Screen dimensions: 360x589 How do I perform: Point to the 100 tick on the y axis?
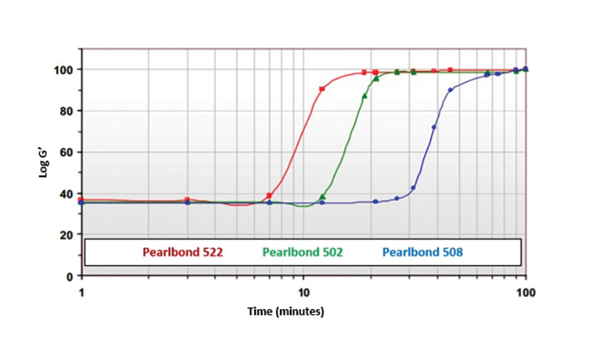pyautogui.click(x=64, y=69)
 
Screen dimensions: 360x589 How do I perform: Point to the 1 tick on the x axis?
pyautogui.click(x=82, y=291)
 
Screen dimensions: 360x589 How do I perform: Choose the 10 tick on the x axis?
pyautogui.click(x=303, y=291)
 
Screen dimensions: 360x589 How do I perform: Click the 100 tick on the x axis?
pyautogui.click(x=526, y=291)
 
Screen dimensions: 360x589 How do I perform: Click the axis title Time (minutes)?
pyautogui.click(x=285, y=312)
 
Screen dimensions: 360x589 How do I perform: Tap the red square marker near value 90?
pyautogui.click(x=322, y=88)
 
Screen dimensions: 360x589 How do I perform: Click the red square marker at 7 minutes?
pyautogui.click(x=269, y=196)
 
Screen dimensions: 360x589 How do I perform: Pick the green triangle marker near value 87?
pyautogui.click(x=365, y=96)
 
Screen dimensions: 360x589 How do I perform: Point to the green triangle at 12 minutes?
pyautogui.click(x=322, y=197)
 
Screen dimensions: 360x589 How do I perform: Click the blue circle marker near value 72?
pyautogui.click(x=434, y=127)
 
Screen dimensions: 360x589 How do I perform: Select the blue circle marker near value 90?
pyautogui.click(x=450, y=90)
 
